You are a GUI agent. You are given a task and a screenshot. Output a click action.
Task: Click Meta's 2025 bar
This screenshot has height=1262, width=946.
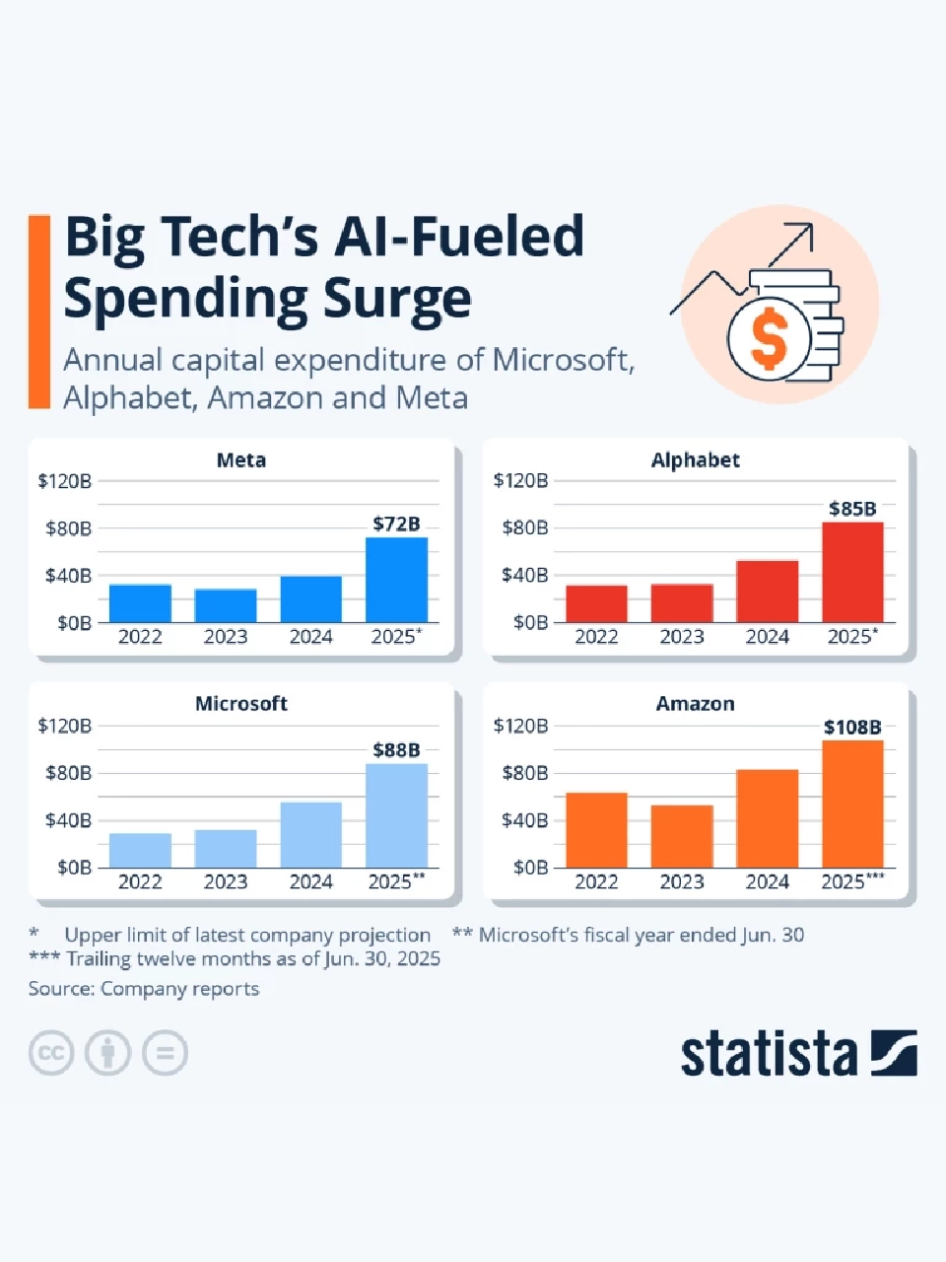(x=396, y=580)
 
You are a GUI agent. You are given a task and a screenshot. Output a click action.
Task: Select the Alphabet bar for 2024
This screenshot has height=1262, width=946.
(x=767, y=592)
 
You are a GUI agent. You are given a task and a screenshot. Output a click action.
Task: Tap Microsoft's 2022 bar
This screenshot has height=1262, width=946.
(x=140, y=850)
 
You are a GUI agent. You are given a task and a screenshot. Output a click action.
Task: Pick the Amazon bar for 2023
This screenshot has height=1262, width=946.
(x=681, y=836)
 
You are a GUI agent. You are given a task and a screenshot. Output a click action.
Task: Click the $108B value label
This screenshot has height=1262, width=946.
(x=852, y=728)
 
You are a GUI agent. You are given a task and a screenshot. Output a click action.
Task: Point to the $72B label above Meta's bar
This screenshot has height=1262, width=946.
(x=396, y=524)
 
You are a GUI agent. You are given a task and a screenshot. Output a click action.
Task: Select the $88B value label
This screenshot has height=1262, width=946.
(x=396, y=750)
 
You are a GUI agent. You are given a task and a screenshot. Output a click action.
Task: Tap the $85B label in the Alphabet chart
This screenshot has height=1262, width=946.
(x=852, y=509)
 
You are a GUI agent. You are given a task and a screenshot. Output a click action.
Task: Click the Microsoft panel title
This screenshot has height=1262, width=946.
(x=241, y=704)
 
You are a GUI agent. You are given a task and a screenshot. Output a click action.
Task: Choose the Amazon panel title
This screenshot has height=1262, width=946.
(x=696, y=704)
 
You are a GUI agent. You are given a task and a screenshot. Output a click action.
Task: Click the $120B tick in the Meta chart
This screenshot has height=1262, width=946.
(x=65, y=481)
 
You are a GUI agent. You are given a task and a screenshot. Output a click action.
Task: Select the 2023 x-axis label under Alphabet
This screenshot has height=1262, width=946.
(x=681, y=637)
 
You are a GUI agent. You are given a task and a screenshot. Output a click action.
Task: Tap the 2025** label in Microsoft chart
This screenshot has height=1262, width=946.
(x=396, y=881)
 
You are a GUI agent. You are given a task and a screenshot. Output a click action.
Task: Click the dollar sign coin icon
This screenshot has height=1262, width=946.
(x=769, y=337)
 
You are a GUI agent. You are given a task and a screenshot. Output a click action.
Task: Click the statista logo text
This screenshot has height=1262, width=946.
(x=769, y=1054)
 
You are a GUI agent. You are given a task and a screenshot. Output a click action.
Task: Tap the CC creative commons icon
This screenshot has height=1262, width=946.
(x=51, y=1053)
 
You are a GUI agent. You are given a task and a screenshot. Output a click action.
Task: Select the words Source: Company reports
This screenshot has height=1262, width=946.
(x=144, y=989)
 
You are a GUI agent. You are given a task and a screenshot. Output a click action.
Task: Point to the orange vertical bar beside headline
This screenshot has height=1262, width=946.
(x=39, y=311)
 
